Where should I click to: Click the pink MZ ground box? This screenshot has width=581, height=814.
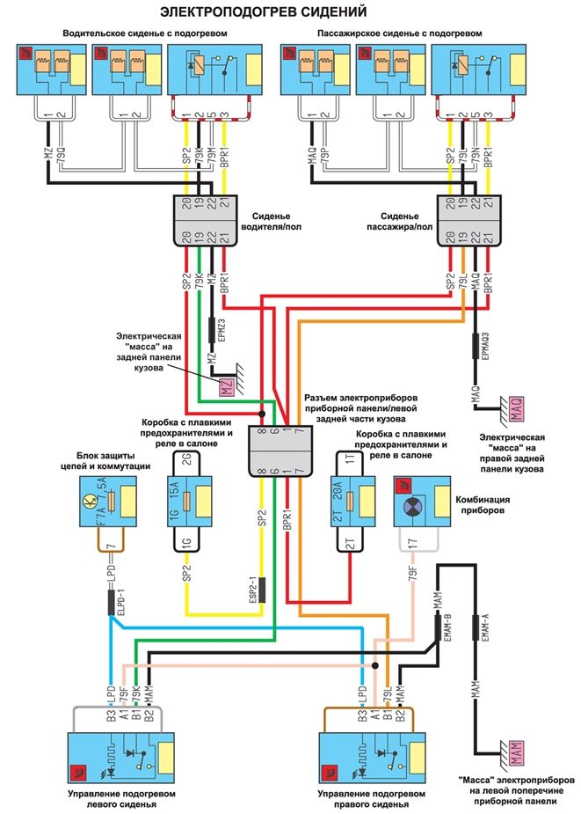tap(226, 385)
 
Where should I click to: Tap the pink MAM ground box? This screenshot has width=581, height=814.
tap(516, 752)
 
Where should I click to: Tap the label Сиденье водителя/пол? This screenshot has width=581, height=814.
tap(282, 218)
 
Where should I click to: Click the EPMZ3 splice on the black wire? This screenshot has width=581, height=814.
tap(211, 329)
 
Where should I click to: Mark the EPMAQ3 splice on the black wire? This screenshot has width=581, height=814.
tap(476, 345)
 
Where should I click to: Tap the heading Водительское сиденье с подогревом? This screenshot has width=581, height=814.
tap(145, 33)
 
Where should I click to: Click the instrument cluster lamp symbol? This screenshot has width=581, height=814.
tap(413, 508)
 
